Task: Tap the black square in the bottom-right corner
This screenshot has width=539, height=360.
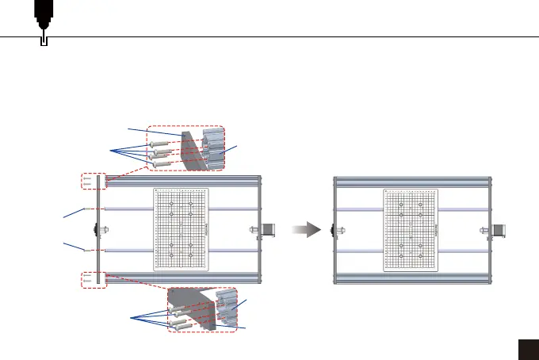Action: [527, 349]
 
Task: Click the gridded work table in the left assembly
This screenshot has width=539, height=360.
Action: [181, 230]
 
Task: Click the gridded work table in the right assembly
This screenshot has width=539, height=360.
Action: [410, 230]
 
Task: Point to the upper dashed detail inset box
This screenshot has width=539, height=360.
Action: [187, 148]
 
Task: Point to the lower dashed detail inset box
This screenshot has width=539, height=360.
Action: [202, 310]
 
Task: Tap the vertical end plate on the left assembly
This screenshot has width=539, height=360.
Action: [97, 230]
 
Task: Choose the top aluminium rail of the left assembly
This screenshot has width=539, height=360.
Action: [182, 181]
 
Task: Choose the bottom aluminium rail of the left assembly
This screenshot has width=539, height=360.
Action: [182, 278]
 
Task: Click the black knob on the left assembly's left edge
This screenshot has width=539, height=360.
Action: [95, 230]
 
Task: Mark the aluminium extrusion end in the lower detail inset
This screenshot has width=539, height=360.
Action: [227, 309]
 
